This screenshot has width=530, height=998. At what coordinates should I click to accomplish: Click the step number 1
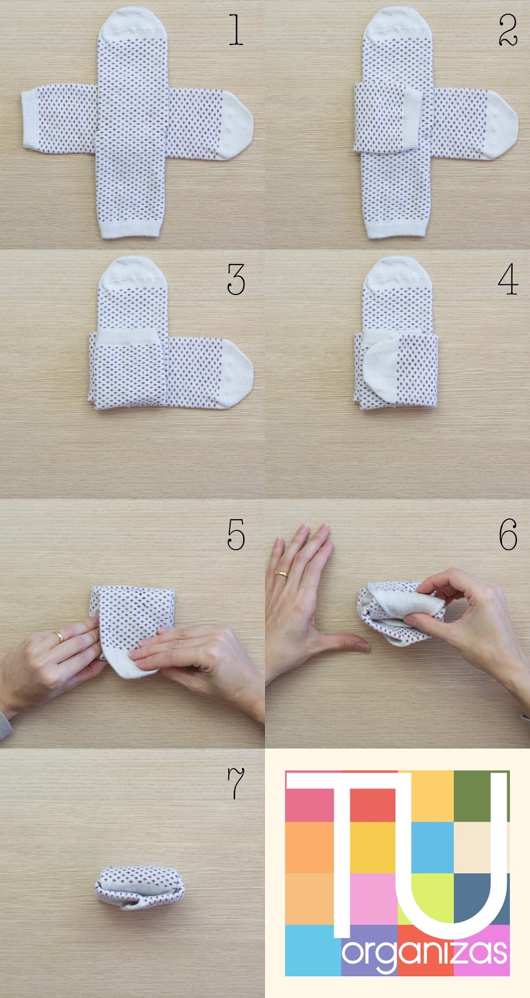(x=236, y=30)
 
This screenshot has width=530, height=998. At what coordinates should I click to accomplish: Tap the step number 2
(x=508, y=30)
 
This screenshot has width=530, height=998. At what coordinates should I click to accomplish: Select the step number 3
(x=236, y=279)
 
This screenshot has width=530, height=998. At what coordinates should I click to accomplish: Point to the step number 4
(x=508, y=279)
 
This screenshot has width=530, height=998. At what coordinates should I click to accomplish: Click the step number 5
(x=236, y=534)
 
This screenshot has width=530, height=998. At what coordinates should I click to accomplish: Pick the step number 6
(x=508, y=534)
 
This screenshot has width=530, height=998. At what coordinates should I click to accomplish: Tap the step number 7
(x=236, y=783)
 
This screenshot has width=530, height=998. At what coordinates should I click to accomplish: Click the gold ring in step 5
(x=59, y=636)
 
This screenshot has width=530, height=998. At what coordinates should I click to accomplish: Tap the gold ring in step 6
(x=281, y=573)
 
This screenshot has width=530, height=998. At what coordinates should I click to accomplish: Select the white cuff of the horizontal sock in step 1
(x=31, y=119)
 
